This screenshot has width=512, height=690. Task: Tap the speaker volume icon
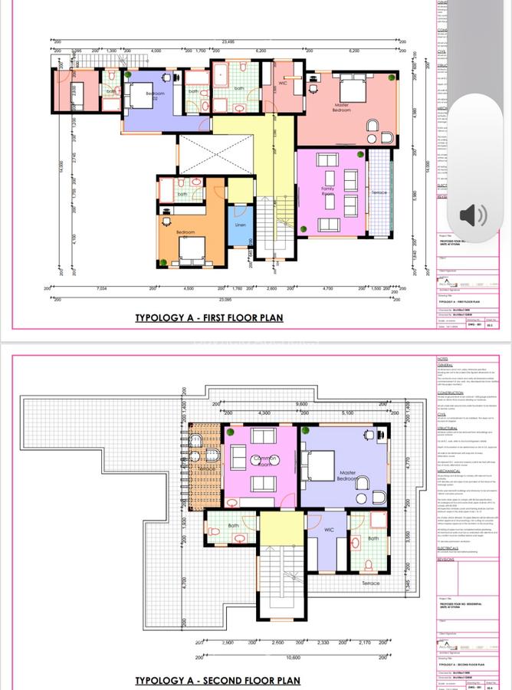point(473,215)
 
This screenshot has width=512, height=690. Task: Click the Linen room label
point(240,225)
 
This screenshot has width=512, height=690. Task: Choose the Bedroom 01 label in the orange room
point(185,232)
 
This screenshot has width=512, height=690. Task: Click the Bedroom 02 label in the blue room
point(155,96)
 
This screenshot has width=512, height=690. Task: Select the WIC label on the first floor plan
point(282,83)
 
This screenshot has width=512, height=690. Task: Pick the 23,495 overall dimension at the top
point(228,41)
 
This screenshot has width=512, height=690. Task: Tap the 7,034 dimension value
point(102,288)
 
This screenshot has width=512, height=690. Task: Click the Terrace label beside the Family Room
point(379,192)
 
